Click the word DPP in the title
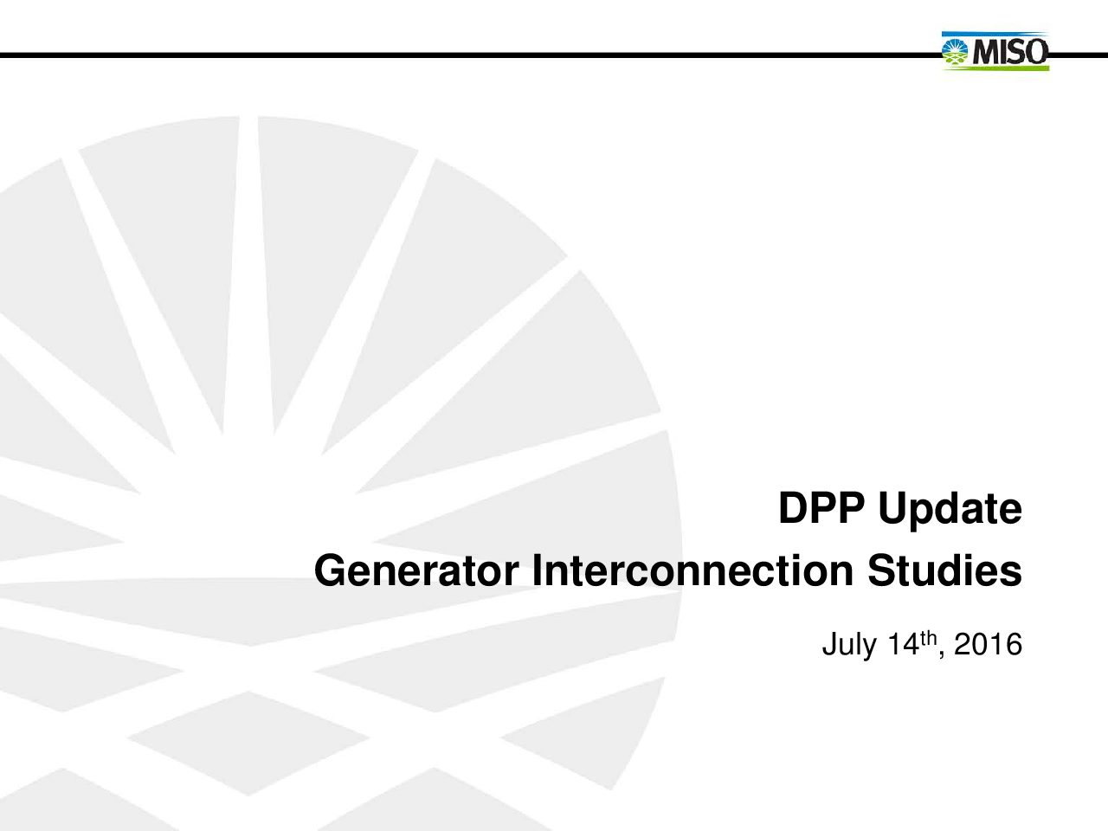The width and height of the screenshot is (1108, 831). point(821,508)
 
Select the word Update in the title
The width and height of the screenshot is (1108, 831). point(950,511)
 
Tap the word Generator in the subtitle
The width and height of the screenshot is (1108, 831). point(416,570)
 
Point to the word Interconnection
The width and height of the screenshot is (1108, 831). point(693,570)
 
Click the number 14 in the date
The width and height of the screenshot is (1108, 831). point(904,644)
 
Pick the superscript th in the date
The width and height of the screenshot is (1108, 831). point(928,637)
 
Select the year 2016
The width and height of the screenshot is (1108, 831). point(988,644)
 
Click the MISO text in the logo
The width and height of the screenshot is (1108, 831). point(1010,51)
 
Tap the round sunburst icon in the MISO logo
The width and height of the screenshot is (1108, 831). point(955,51)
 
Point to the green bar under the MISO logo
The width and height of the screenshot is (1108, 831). point(995,68)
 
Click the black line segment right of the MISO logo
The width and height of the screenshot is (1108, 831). point(1079,55)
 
